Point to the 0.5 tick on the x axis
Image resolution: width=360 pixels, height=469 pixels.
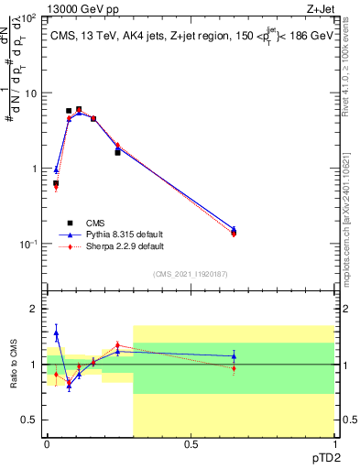pos(191,444)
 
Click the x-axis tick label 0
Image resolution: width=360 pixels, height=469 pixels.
pos(48,444)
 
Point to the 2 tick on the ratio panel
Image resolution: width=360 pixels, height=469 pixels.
pos(33,309)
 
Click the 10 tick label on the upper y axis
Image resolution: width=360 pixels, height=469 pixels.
pos(30,93)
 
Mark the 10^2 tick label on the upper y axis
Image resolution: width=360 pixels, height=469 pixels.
pos(29,18)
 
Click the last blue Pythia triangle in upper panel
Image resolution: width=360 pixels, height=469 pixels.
pos(234,230)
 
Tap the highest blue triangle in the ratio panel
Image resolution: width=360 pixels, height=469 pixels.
pos(56,334)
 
